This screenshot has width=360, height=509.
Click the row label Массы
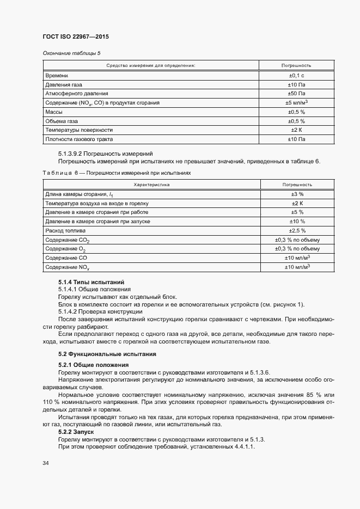coord(54,112)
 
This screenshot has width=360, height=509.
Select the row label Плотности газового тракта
coord(78,139)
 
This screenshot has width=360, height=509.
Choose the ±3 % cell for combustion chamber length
coord(297,194)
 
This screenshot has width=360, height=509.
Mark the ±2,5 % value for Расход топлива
coord(297,231)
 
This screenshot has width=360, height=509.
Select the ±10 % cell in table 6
coord(297,222)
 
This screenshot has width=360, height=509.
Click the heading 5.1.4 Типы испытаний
coord(91,282)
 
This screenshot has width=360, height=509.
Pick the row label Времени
coord(57,75)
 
